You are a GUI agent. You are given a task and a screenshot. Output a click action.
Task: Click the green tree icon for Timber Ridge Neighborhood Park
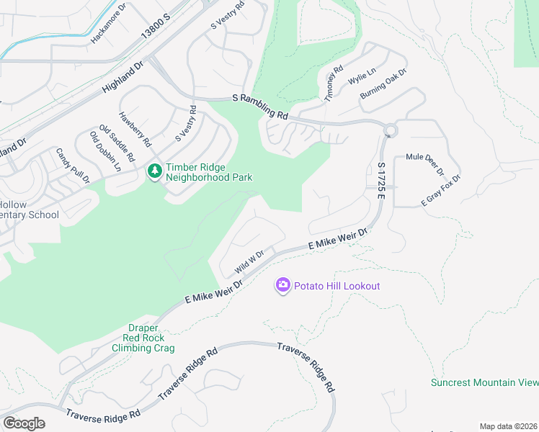tap(154, 171)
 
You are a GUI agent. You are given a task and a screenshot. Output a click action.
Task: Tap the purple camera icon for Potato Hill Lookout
tap(283, 286)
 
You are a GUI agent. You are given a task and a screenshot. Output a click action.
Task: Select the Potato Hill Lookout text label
tap(336, 286)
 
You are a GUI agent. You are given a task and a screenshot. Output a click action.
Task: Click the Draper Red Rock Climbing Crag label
tap(143, 338)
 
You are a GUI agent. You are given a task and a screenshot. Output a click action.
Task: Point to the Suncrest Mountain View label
tap(484, 382)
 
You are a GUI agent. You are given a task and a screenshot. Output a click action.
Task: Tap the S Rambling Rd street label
tap(259, 106)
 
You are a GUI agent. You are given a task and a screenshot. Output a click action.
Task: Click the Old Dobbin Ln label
tap(105, 151)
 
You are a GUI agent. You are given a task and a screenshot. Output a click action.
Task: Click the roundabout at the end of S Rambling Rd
tap(391, 131)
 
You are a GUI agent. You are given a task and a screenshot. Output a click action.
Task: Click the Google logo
tap(24, 423)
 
